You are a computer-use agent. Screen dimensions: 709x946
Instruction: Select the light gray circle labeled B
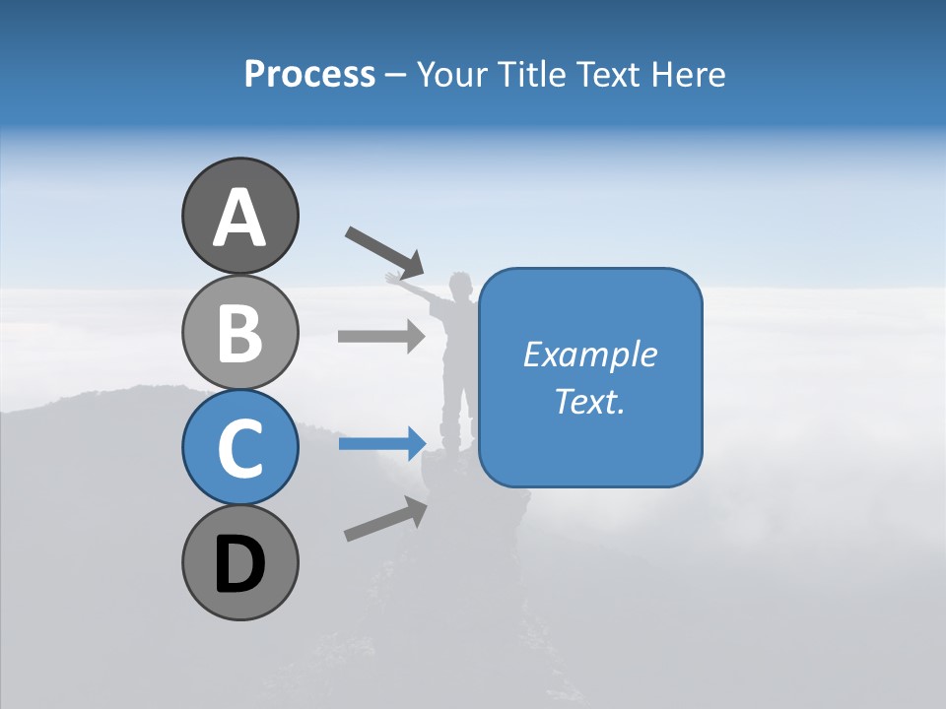click(x=239, y=332)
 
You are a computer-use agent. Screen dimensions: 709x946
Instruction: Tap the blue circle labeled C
click(x=239, y=447)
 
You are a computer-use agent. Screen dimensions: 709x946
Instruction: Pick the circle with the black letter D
click(x=239, y=562)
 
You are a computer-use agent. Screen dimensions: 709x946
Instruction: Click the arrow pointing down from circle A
click(x=384, y=252)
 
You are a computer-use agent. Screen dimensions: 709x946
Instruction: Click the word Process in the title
click(x=309, y=74)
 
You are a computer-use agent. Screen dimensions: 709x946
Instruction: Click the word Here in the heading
click(x=690, y=74)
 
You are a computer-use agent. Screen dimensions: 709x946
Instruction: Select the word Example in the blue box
click(x=589, y=354)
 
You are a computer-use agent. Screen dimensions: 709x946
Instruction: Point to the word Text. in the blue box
click(x=589, y=401)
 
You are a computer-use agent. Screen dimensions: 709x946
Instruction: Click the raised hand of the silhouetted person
click(x=393, y=279)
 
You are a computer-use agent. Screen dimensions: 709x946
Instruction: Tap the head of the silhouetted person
click(x=459, y=284)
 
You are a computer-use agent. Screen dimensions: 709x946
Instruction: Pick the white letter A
click(x=239, y=218)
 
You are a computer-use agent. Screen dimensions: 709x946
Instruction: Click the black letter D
click(x=239, y=566)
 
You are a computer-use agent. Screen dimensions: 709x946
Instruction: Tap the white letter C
click(x=239, y=449)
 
